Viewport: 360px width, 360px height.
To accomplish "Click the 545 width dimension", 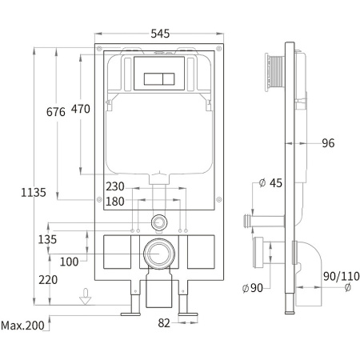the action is pyautogui.click(x=160, y=34).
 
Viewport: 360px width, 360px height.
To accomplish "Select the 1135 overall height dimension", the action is pyautogui.click(x=34, y=192).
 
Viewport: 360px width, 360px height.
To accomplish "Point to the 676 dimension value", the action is pyautogui.click(x=56, y=112).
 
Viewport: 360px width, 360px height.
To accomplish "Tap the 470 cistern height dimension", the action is pyautogui.click(x=81, y=109).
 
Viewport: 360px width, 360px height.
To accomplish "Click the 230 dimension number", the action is pyautogui.click(x=115, y=186).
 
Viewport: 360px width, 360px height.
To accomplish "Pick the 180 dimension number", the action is pyautogui.click(x=115, y=202).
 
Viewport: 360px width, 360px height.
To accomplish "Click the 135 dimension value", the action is pyautogui.click(x=47, y=239).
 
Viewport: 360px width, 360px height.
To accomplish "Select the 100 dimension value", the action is pyautogui.click(x=69, y=262).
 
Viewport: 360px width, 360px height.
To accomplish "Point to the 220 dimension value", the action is pyautogui.click(x=48, y=280).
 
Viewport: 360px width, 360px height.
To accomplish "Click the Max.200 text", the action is pyautogui.click(x=22, y=326).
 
